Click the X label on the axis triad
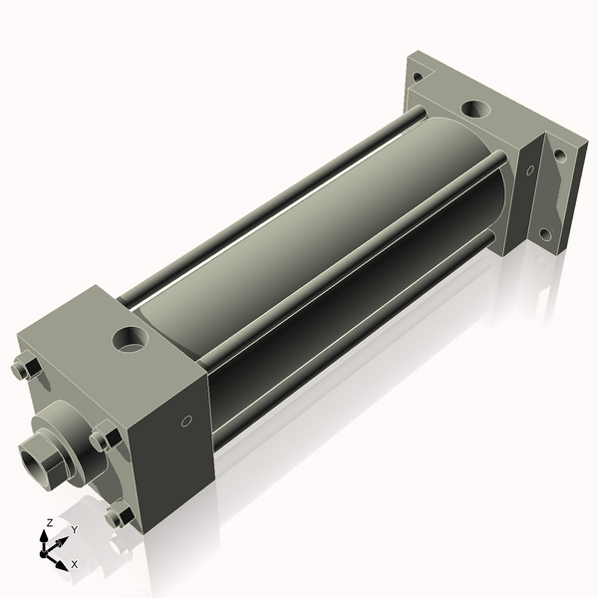click(x=74, y=564)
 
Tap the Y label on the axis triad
click(x=73, y=529)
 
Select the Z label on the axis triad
click(x=50, y=522)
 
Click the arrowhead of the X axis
click(x=62, y=559)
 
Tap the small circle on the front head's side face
click(x=185, y=423)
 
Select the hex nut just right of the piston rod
click(x=103, y=438)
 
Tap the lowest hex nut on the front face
click(x=118, y=516)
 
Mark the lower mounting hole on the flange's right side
click(x=544, y=235)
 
